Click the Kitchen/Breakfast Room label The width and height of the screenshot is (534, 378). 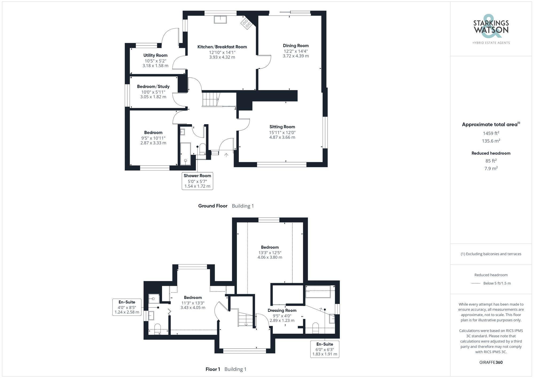pyautogui.click(x=222, y=47)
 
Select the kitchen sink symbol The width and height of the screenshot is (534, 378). pyautogui.click(x=220, y=20)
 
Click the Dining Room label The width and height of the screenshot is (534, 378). pyautogui.click(x=296, y=46)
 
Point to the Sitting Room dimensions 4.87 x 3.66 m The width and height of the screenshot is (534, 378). pyautogui.click(x=282, y=137)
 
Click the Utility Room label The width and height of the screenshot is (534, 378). pyautogui.click(x=155, y=55)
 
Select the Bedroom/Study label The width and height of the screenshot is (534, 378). pyautogui.click(x=153, y=87)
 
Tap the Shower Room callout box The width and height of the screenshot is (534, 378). pyautogui.click(x=197, y=181)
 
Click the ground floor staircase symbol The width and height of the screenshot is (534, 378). pyautogui.click(x=210, y=99)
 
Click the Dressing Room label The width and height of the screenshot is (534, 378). pyautogui.click(x=282, y=310)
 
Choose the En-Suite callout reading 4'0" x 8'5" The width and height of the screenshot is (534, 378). pyautogui.click(x=127, y=307)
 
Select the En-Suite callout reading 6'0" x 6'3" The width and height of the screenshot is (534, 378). pyautogui.click(x=325, y=349)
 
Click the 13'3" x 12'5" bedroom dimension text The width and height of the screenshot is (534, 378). pyautogui.click(x=270, y=252)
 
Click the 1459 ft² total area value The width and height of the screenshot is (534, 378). pyautogui.click(x=491, y=133)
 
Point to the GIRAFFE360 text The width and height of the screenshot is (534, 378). pyautogui.click(x=491, y=363)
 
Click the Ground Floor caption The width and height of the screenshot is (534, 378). pyautogui.click(x=213, y=206)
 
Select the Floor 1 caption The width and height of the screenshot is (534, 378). pyautogui.click(x=213, y=369)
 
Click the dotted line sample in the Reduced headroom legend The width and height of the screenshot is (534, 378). pyautogui.click(x=476, y=283)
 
